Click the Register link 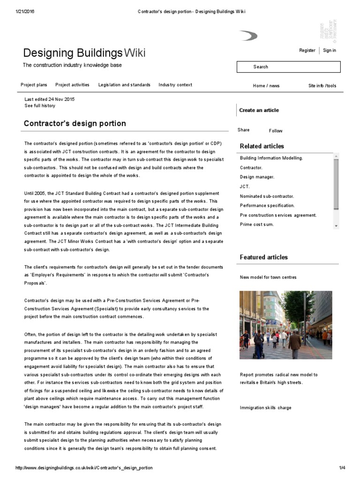tap(307, 51)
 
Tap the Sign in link tap(330, 51)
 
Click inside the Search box tap(288, 67)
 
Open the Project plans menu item tap(34, 85)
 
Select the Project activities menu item tap(72, 85)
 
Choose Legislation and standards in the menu tap(124, 85)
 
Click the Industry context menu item tap(175, 85)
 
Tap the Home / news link tap(266, 86)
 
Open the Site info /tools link tap(322, 86)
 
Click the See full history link tap(40, 106)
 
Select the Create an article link tap(259, 110)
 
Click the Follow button tap(276, 131)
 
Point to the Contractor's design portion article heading tap(75, 124)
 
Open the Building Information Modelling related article tap(271, 158)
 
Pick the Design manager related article tap(257, 177)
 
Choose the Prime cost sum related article tap(257, 225)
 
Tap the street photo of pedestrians tap(285, 325)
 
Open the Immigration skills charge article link tap(265, 408)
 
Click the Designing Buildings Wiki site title tap(84, 53)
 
